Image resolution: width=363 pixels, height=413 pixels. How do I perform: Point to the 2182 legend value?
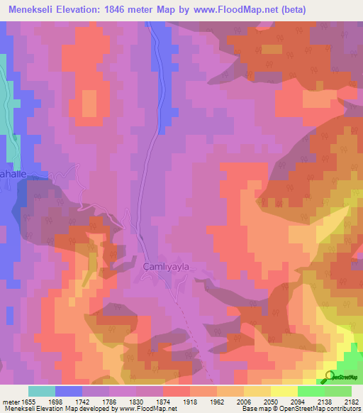point(350,401)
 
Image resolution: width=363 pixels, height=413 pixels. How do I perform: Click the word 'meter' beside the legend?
point(10,401)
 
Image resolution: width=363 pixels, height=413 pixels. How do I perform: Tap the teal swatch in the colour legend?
point(42,391)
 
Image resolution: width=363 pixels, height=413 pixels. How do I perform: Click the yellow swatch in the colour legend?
point(284,391)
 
